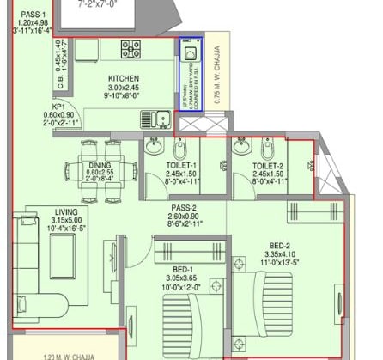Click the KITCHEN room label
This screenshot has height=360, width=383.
tap(124, 78)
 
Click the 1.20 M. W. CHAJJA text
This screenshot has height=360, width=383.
tap(53, 354)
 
